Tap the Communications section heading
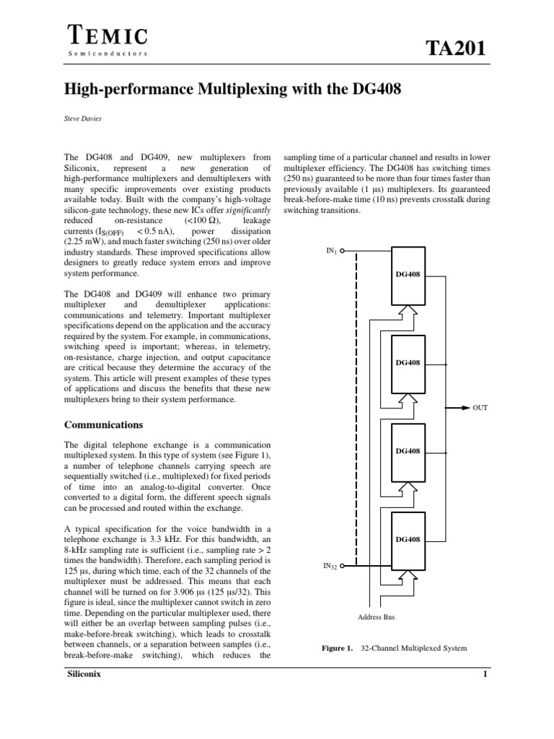(104, 424)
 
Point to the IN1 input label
(331, 251)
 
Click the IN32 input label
(330, 567)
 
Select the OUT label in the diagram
(480, 408)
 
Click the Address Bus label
(377, 617)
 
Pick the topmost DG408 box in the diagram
(408, 275)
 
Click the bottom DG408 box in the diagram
(408, 539)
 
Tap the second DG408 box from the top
(408, 363)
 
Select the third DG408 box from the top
(408, 451)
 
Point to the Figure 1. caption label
(337, 648)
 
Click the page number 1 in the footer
(485, 674)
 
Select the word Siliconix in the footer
(84, 674)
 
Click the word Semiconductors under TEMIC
(107, 53)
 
